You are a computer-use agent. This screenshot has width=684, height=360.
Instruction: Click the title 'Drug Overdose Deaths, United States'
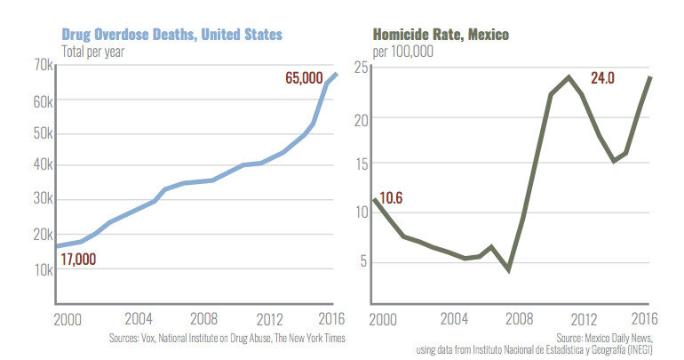click(x=171, y=34)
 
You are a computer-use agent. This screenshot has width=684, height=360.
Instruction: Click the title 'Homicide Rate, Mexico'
click(x=440, y=34)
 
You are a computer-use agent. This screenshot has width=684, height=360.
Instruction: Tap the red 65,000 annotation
click(x=304, y=78)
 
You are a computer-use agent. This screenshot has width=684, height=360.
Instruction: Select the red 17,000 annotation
click(x=79, y=260)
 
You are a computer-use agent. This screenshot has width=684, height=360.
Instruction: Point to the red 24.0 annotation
click(x=602, y=78)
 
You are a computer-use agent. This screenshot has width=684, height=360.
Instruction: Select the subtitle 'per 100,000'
click(x=403, y=51)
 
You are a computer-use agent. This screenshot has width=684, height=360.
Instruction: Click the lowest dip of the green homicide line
click(x=508, y=269)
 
